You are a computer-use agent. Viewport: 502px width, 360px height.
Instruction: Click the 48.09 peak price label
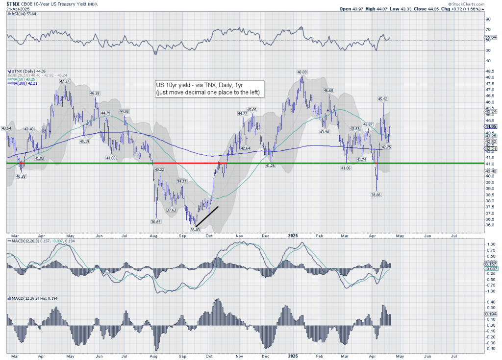pos(302,72)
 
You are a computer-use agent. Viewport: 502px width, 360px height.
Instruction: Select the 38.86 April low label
pos(376,194)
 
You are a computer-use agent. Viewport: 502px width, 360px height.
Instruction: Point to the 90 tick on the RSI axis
pos(488,19)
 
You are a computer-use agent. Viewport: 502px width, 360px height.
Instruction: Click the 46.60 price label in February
pos(328,91)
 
